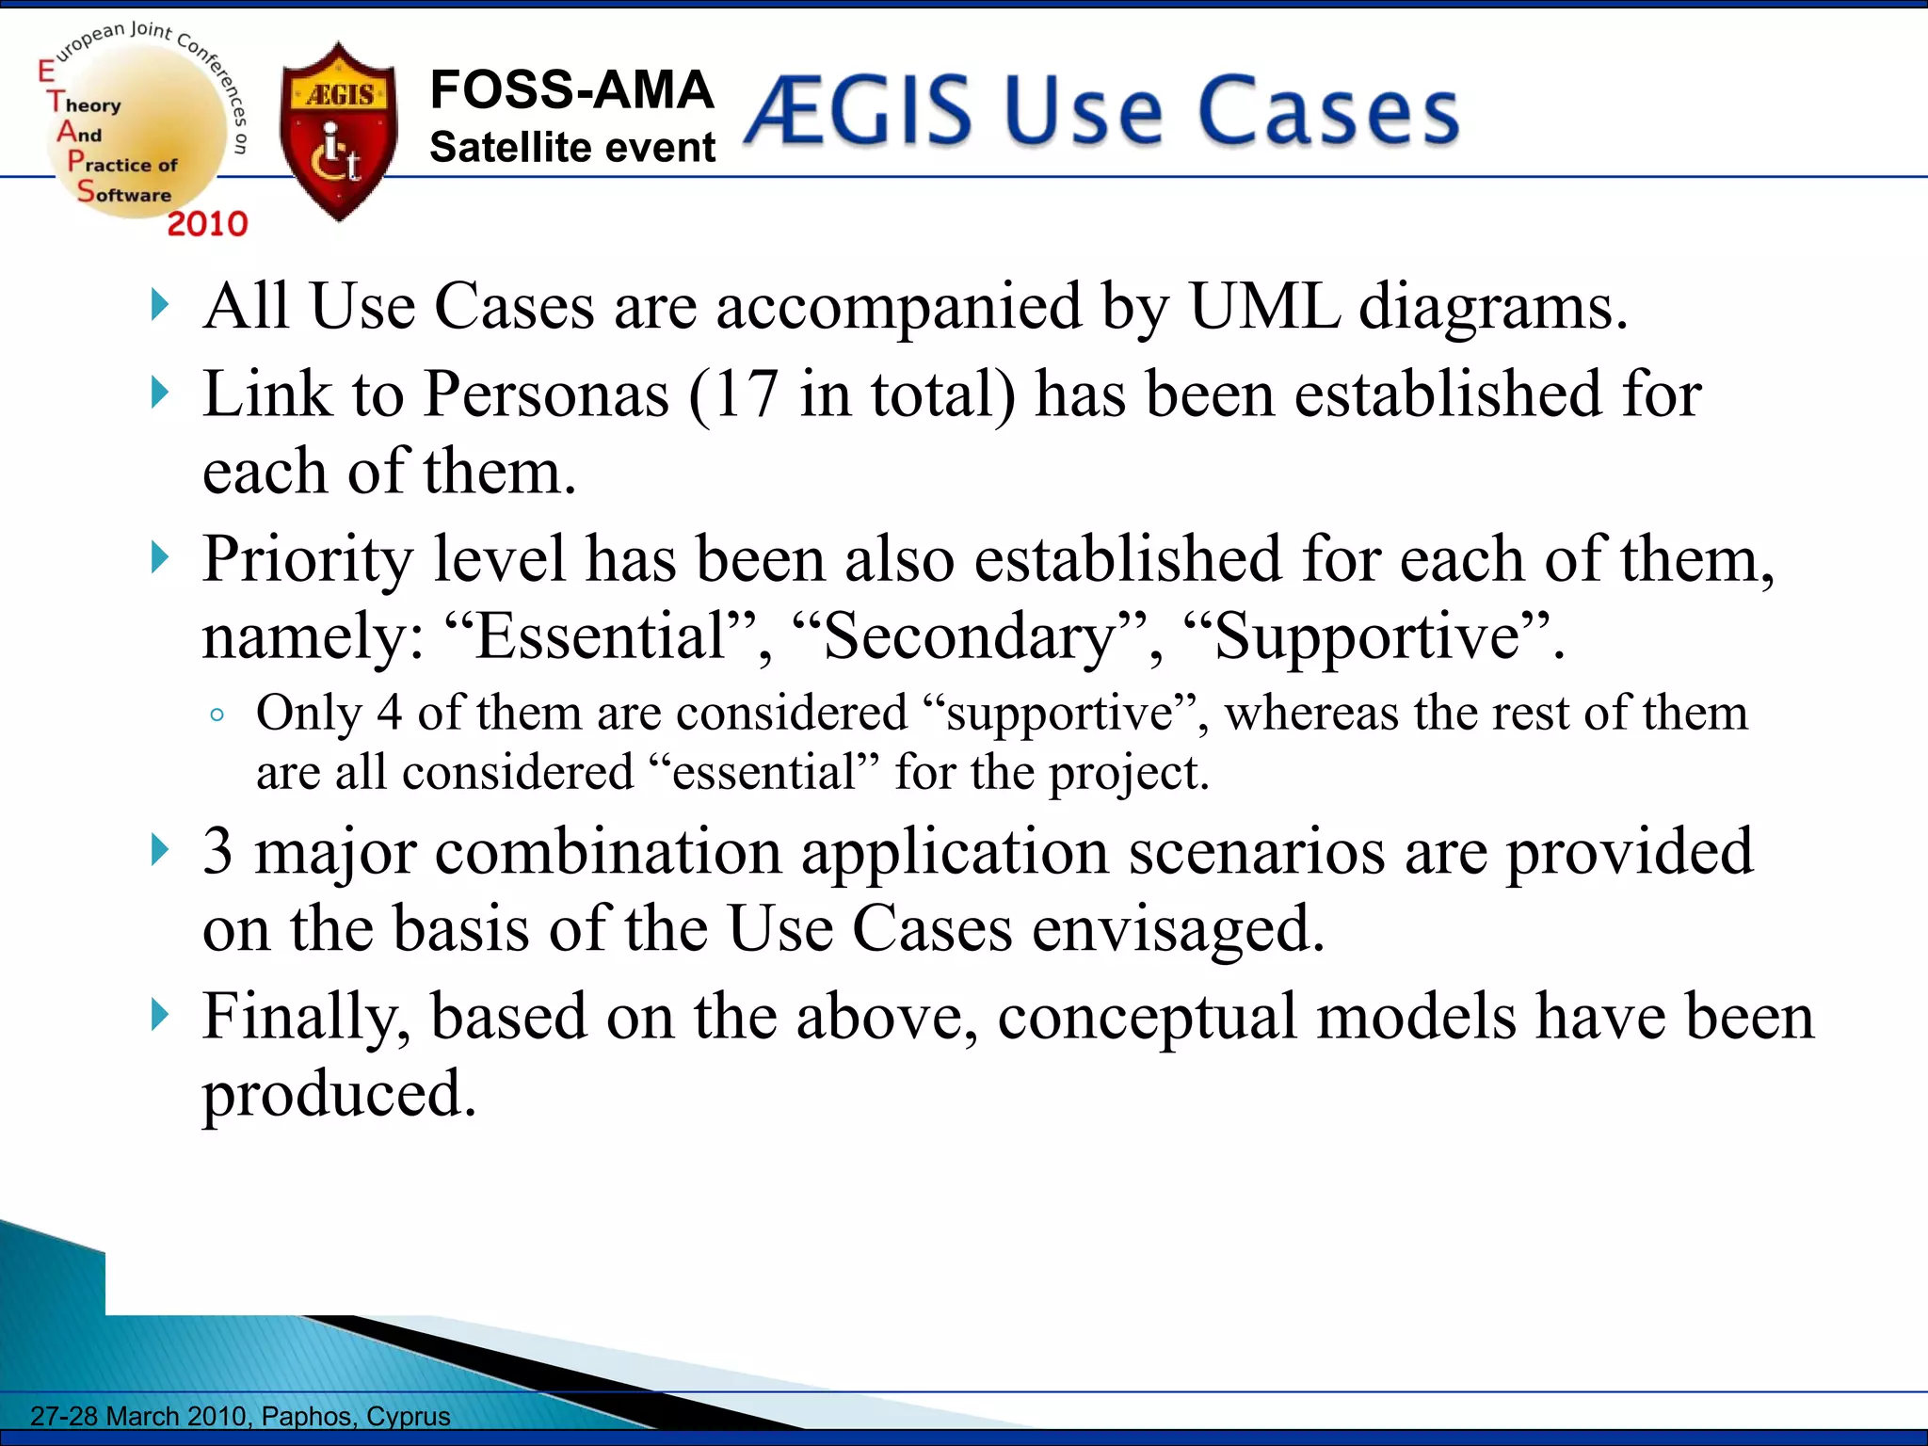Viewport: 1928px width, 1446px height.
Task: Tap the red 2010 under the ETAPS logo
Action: coord(207,224)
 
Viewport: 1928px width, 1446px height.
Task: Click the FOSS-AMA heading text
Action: coord(571,90)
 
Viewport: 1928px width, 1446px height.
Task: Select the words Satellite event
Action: coord(571,148)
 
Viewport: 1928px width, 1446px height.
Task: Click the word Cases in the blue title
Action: coord(1328,111)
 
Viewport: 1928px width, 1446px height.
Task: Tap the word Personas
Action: coord(547,394)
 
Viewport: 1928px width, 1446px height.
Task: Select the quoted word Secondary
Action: coord(970,636)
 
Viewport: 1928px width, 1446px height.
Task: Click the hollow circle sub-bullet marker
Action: coord(217,715)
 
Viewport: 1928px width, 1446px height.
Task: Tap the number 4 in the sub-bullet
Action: coord(389,713)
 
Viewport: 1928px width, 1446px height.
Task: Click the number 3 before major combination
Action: coord(217,851)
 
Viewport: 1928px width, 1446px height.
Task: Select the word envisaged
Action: coord(1178,929)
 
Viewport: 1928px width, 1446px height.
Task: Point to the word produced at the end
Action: coord(339,1094)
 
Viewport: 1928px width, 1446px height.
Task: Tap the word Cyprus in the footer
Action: coord(409,1416)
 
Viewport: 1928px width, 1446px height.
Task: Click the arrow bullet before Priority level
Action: coord(160,558)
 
